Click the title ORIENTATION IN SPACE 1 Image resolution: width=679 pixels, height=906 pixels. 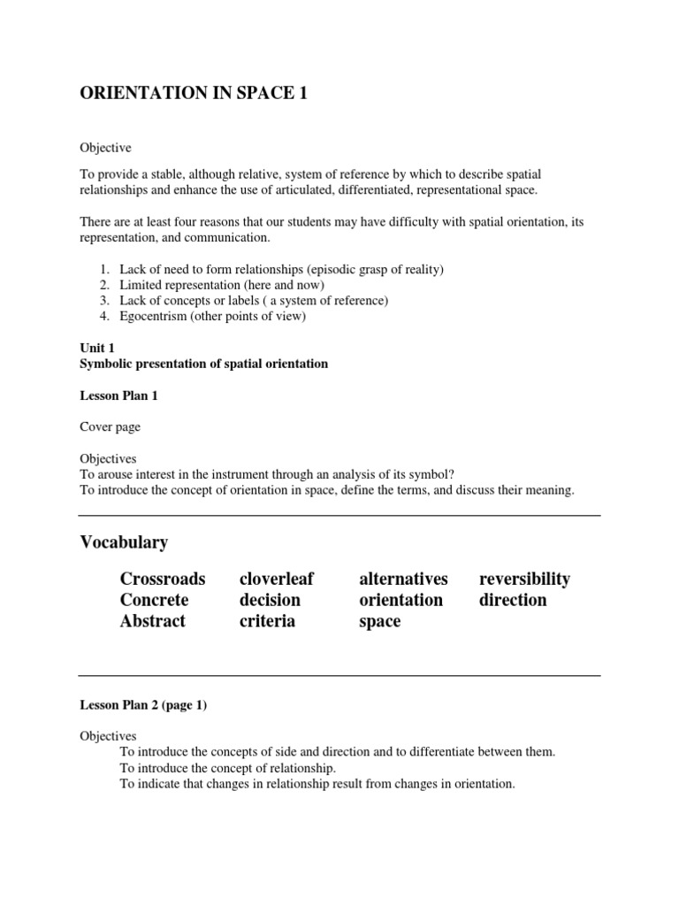(x=195, y=95)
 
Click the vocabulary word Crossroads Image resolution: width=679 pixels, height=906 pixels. (x=163, y=579)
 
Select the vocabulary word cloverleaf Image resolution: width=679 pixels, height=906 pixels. (x=277, y=579)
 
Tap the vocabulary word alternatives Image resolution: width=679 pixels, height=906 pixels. (x=403, y=579)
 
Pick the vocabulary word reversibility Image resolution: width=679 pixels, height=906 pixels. (x=524, y=580)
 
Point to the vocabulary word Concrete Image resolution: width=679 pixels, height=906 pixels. (x=155, y=600)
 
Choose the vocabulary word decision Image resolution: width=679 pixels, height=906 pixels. (x=270, y=600)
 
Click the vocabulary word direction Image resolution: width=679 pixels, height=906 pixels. (x=513, y=600)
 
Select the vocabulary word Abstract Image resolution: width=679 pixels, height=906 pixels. (x=153, y=621)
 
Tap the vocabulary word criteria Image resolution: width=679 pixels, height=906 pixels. (x=266, y=621)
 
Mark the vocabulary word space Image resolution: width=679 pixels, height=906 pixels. (x=380, y=622)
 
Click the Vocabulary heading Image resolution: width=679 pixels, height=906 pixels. (x=124, y=541)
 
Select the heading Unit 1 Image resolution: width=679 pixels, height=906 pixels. (x=97, y=349)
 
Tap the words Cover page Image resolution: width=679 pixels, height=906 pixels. (x=110, y=427)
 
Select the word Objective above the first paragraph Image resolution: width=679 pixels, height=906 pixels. (x=105, y=148)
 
